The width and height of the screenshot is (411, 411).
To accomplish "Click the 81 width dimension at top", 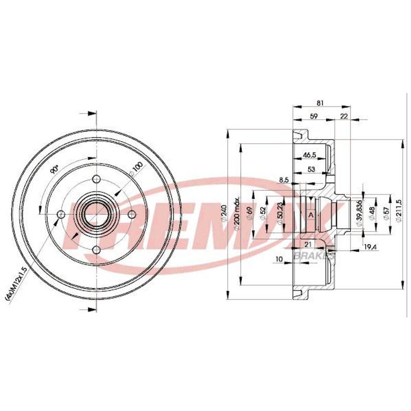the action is tap(320, 103).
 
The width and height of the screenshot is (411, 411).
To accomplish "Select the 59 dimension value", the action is tap(313, 116).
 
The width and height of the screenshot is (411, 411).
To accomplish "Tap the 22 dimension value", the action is tap(343, 116).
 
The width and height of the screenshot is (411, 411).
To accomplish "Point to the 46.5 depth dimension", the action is tap(309, 155).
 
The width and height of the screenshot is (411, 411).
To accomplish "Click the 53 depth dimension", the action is tap(311, 170).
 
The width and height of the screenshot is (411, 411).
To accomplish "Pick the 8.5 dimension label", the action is tap(284, 180).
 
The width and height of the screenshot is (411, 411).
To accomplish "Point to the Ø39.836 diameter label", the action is tap(359, 213).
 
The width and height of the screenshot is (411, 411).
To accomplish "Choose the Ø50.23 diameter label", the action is tap(279, 213).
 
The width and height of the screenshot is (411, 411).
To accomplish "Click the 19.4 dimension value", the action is tap(370, 247).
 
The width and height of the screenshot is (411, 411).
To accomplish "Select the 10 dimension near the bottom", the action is tap(279, 259).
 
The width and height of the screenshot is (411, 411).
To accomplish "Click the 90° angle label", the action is tap(54, 170).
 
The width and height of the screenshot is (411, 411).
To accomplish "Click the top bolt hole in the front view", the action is tap(97, 179).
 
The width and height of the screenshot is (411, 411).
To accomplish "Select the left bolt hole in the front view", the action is tap(61, 215).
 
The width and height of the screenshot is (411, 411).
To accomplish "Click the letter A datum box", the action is tap(311, 215).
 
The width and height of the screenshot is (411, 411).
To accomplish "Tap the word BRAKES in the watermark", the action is tap(314, 255).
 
